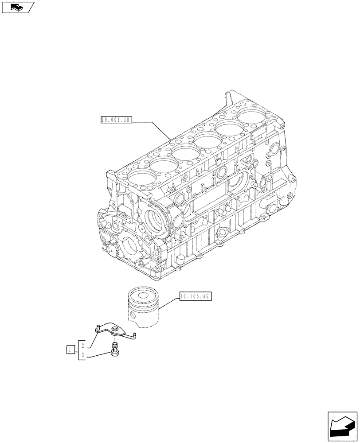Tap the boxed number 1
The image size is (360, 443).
click(70, 350)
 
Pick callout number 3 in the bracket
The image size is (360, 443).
click(83, 356)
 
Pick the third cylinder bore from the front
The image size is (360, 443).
click(187, 152)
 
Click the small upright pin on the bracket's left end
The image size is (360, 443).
click(97, 327)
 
